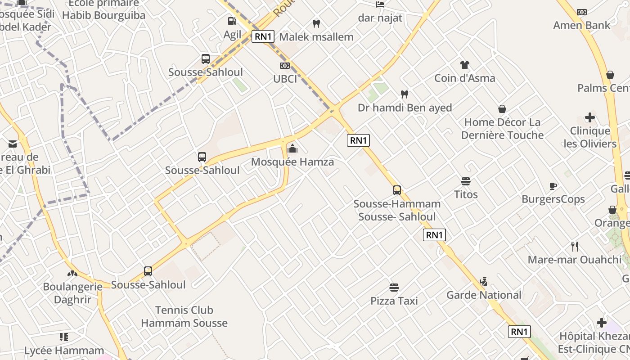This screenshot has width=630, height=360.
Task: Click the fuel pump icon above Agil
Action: pos(232,21)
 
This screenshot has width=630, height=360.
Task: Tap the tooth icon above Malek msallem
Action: pos(316,23)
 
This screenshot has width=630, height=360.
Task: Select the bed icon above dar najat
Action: pos(380,4)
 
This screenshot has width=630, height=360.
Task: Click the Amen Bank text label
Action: pos(581,25)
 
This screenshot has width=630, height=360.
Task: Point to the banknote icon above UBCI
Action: pos(285,66)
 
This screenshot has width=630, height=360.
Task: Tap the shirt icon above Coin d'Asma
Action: pos(465,65)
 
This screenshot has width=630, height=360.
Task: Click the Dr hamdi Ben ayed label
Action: pos(405,108)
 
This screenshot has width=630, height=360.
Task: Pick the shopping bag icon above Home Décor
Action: pos(502,109)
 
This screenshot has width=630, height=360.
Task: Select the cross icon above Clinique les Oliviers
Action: pos(590,118)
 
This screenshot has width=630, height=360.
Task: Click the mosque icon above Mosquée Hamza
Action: pos(292,148)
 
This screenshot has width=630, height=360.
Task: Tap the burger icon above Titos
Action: pos(466,181)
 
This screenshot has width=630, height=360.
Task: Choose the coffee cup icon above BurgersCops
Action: pos(553,186)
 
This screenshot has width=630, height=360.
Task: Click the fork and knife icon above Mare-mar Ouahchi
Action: pos(575,247)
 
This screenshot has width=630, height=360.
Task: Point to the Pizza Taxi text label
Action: pos(394,301)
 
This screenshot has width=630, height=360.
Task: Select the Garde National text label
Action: pos(484,295)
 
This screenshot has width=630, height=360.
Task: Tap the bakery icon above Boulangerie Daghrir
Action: pos(72,273)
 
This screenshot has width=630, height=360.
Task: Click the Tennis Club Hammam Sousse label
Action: pos(184,316)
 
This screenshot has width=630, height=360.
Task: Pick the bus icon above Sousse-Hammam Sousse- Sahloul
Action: pos(396,190)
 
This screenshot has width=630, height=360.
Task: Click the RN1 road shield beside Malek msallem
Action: pos(263,36)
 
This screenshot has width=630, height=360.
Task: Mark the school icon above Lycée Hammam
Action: pos(64,337)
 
